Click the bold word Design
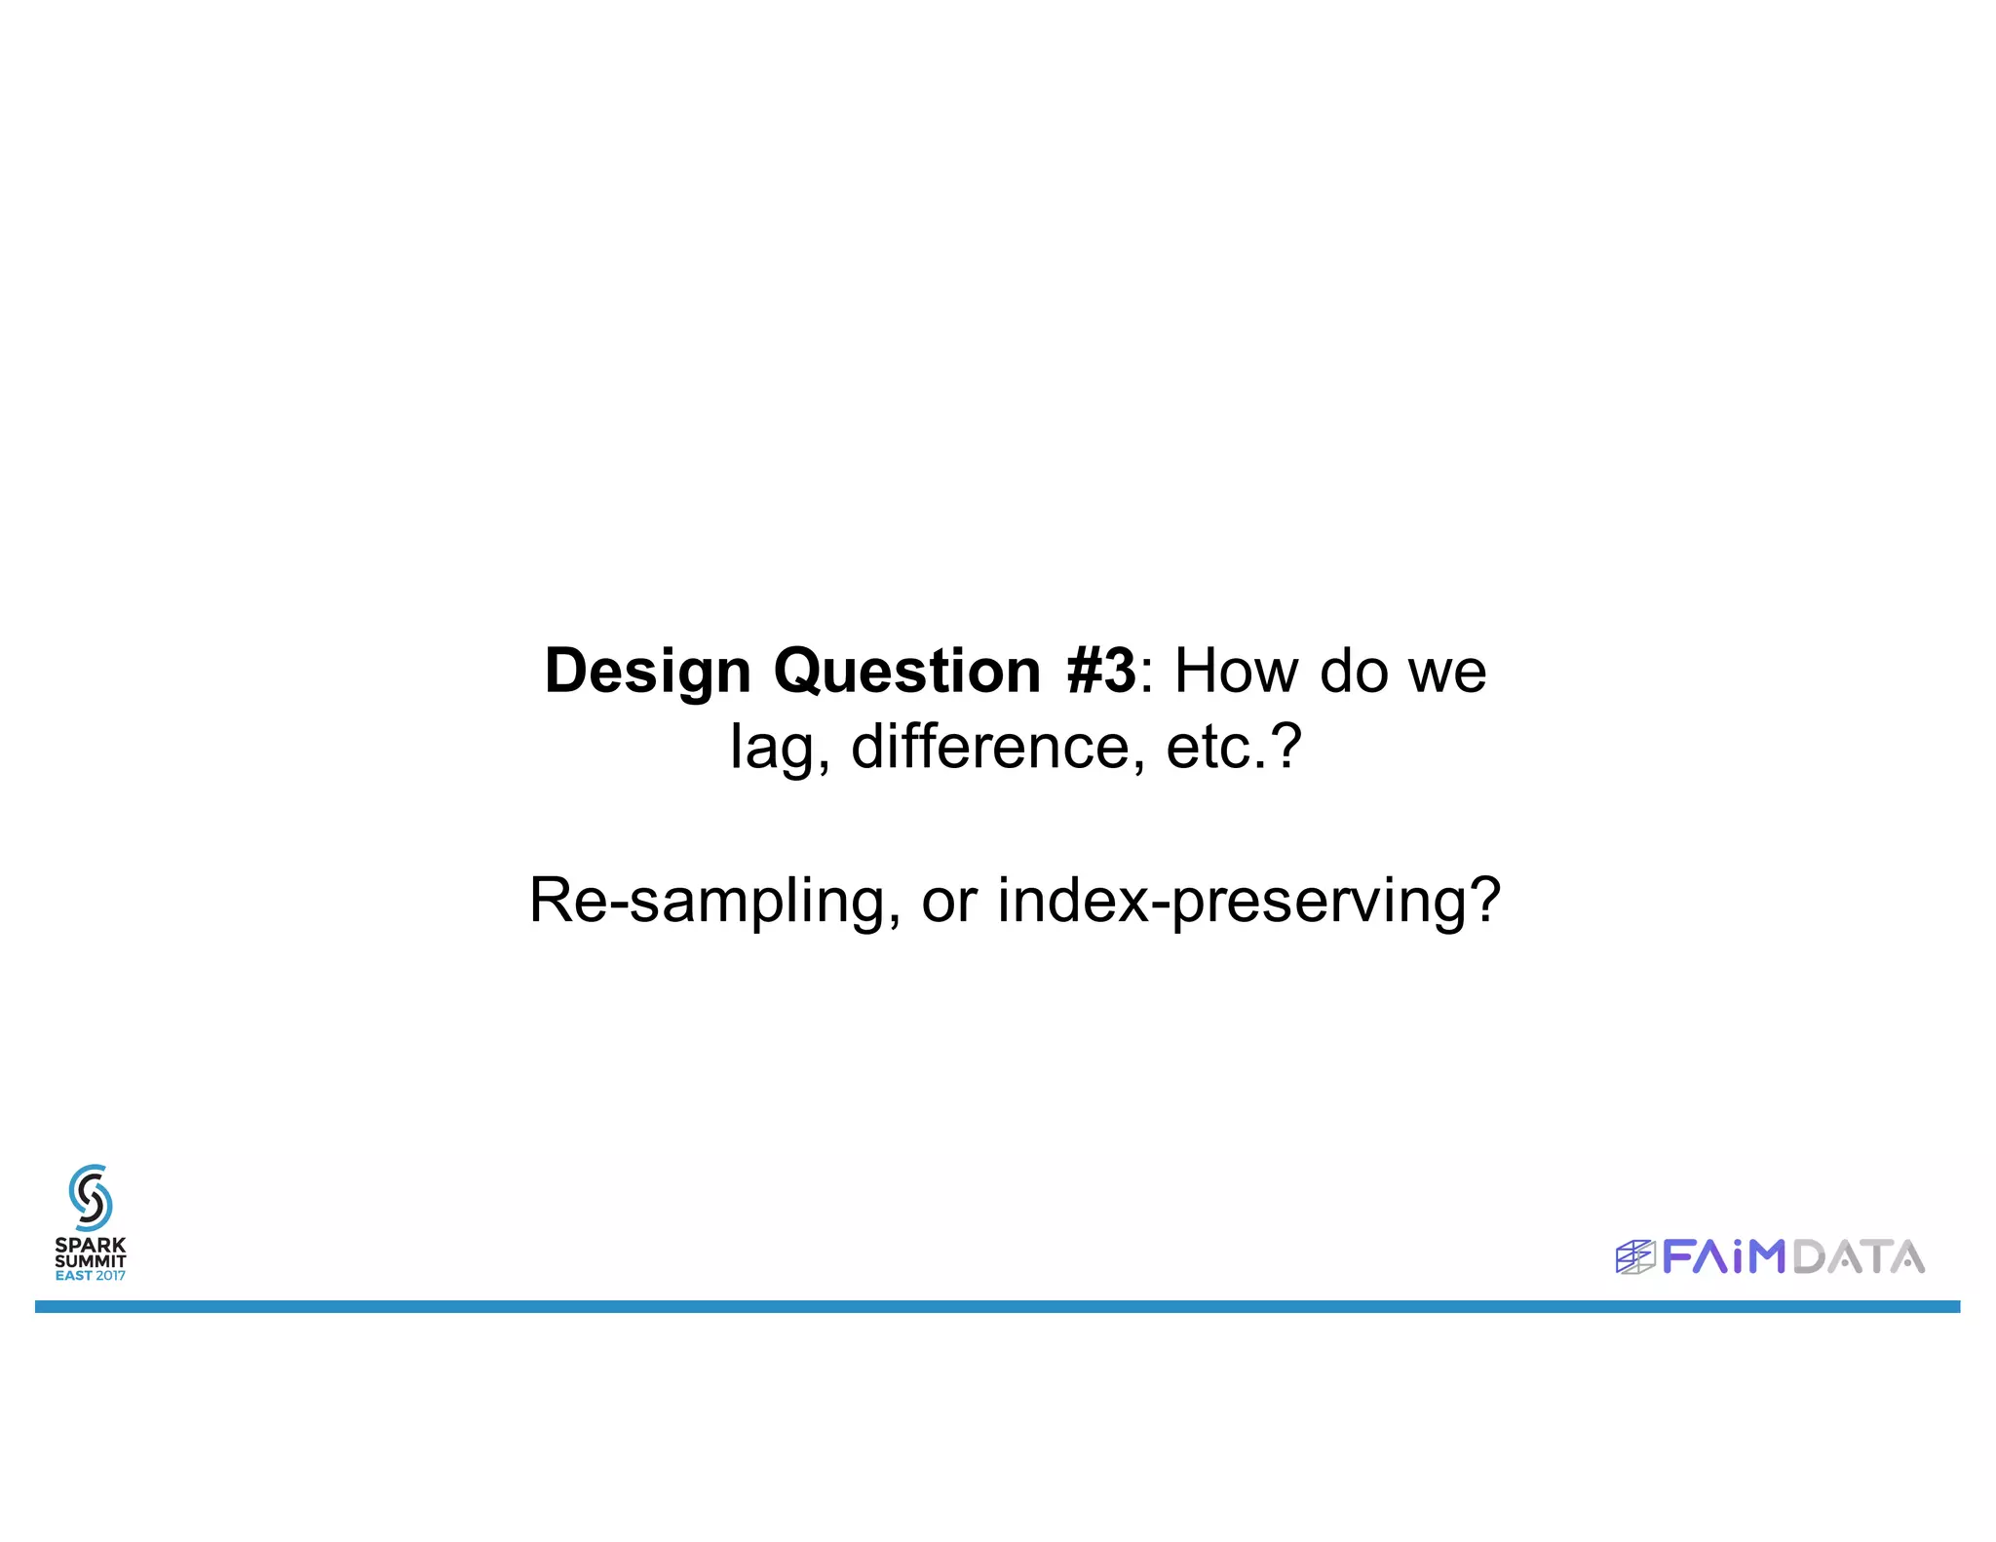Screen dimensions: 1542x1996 coord(647,673)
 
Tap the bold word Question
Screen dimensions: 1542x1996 coord(907,673)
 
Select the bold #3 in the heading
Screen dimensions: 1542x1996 coord(1101,673)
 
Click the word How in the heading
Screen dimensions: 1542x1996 coord(1236,673)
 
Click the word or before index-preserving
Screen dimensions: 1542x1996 coord(948,903)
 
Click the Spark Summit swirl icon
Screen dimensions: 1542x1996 coord(91,1198)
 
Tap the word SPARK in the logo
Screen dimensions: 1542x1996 coord(91,1245)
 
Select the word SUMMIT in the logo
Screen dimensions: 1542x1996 coord(91,1260)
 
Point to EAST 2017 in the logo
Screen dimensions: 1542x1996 coord(91,1276)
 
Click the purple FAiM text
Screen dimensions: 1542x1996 coord(1723,1257)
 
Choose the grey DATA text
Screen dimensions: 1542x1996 coord(1858,1257)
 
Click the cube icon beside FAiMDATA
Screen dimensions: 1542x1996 coord(1635,1257)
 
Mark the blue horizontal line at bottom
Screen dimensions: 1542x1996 coord(997,1306)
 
